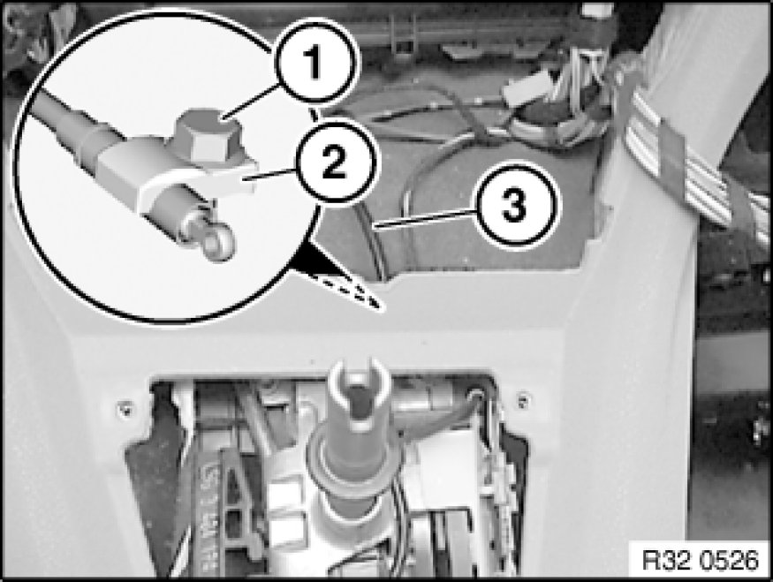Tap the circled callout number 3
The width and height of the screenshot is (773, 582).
coord(512,205)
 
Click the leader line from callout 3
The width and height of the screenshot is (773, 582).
coord(425,218)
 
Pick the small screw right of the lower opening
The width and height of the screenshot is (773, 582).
coord(523,399)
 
